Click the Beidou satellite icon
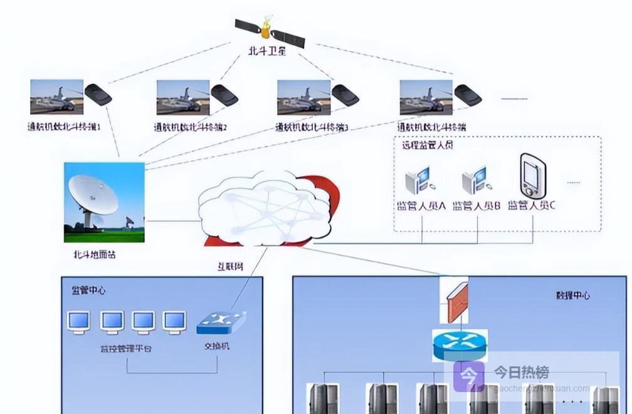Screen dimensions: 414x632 [270, 32]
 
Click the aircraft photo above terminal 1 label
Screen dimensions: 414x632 [57, 96]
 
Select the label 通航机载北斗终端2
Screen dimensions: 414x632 [191, 127]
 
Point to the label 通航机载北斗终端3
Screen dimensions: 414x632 [312, 127]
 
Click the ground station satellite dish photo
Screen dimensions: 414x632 [104, 202]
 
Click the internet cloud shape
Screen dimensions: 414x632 [266, 210]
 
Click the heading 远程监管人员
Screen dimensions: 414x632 [427, 145]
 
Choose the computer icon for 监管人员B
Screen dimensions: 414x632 [475, 180]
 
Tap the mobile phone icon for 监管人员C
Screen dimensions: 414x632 [533, 175]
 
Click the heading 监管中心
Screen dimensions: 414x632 [89, 290]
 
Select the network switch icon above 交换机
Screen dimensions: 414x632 [221, 322]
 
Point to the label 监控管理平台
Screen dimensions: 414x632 [126, 347]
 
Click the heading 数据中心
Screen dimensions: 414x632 [573, 295]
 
